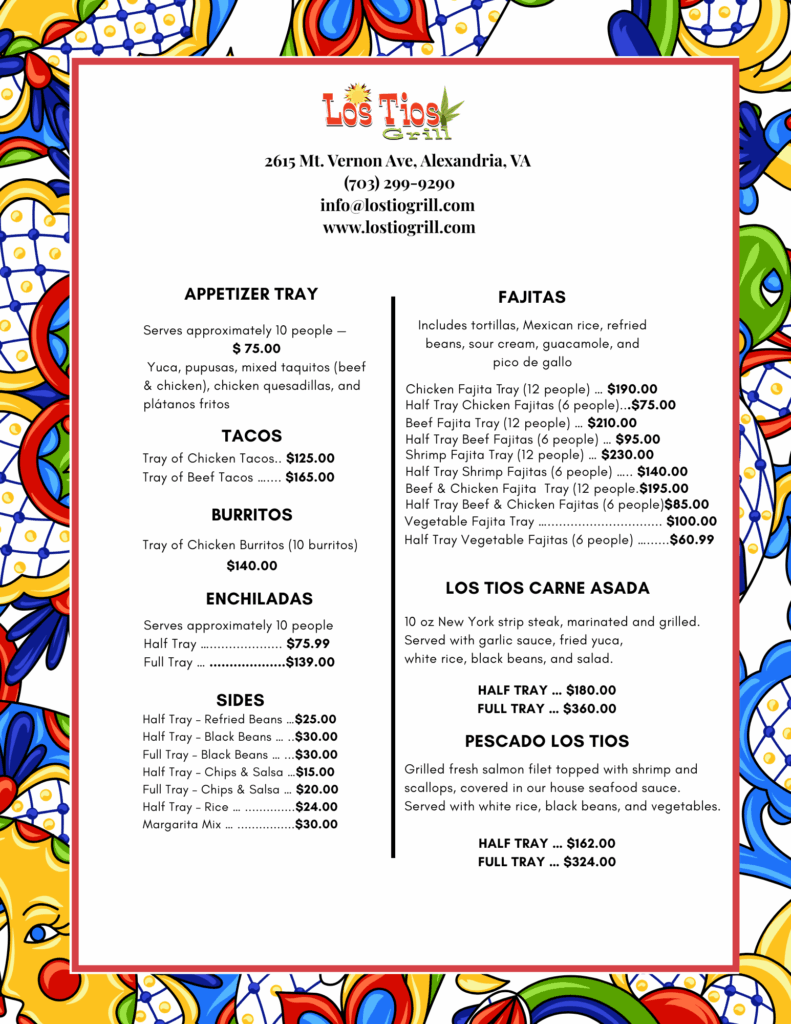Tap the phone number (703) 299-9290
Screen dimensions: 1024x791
[x=398, y=183]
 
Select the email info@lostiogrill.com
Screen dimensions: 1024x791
[x=397, y=205]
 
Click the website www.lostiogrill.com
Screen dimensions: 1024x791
[x=398, y=227]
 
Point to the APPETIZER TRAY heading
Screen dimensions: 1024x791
[x=251, y=294]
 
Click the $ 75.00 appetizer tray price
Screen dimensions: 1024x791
[x=256, y=349]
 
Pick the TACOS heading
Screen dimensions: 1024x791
[x=252, y=436]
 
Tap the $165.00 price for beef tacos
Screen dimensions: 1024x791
[x=310, y=477]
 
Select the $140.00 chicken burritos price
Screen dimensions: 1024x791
[x=252, y=566]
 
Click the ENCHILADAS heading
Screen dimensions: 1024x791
[x=259, y=599]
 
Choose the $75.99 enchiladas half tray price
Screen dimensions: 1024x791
[x=308, y=644]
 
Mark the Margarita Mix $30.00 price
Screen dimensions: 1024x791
[x=316, y=825]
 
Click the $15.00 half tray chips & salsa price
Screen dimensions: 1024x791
[x=315, y=772]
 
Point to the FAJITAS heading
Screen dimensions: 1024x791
[x=532, y=297]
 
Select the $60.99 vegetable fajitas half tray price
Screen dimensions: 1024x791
[x=692, y=540]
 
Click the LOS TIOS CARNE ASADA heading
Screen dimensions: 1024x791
[x=547, y=588]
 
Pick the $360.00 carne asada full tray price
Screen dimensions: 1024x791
[x=590, y=709]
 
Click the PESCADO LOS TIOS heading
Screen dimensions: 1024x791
[x=547, y=741]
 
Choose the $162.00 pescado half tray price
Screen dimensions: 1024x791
[x=590, y=844]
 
